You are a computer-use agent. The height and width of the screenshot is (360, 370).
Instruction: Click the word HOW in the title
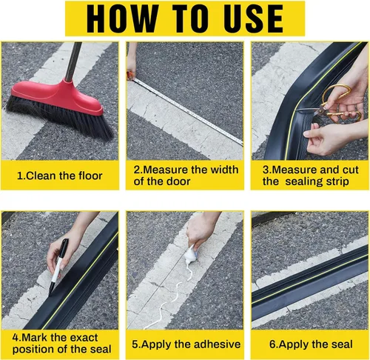coord(122,19)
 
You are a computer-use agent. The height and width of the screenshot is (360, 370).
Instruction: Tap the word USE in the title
coord(253,19)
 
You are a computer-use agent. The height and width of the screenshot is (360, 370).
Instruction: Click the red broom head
coord(58,97)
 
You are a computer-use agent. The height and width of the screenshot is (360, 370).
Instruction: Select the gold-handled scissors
coord(335,104)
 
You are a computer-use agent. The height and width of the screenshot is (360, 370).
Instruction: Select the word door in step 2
coord(178,181)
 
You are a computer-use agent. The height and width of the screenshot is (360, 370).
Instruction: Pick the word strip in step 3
coord(337,182)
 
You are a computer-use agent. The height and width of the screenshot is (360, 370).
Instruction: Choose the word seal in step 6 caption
coord(342,344)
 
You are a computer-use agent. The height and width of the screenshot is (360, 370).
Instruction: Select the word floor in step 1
coord(90,176)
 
